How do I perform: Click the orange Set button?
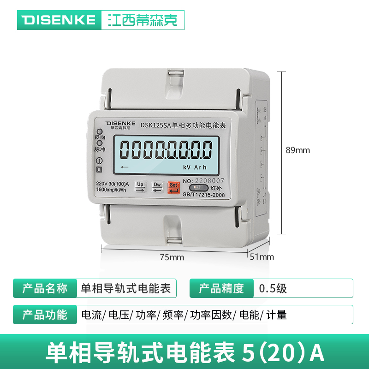173,187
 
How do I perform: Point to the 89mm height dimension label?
298,150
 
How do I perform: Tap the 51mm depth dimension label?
262,257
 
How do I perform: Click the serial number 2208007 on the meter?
210,181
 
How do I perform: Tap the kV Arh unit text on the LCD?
195,167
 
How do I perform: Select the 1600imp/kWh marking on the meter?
111,190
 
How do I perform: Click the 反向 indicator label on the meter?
100,137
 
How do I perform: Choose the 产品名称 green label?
45,288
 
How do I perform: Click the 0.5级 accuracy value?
273,288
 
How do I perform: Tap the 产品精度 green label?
221,288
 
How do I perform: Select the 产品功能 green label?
45,315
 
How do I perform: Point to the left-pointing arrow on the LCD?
124,167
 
